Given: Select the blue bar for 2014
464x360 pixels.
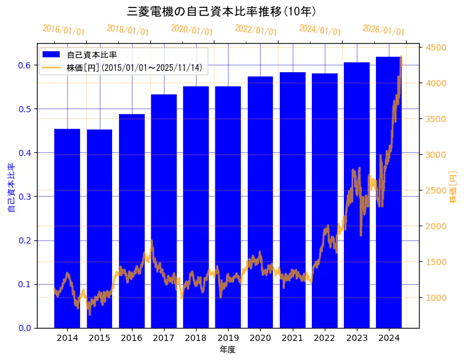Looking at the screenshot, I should point(67,228).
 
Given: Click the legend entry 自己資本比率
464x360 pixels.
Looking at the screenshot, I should point(92,55).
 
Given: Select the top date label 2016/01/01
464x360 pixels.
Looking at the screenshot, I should point(63,30).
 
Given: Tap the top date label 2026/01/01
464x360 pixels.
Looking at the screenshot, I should point(383,30).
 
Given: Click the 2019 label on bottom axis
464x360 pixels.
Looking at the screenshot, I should point(228,338).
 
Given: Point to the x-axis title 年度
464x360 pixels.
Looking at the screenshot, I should point(228,350).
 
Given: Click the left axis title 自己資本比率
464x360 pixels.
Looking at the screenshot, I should point(11,188).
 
